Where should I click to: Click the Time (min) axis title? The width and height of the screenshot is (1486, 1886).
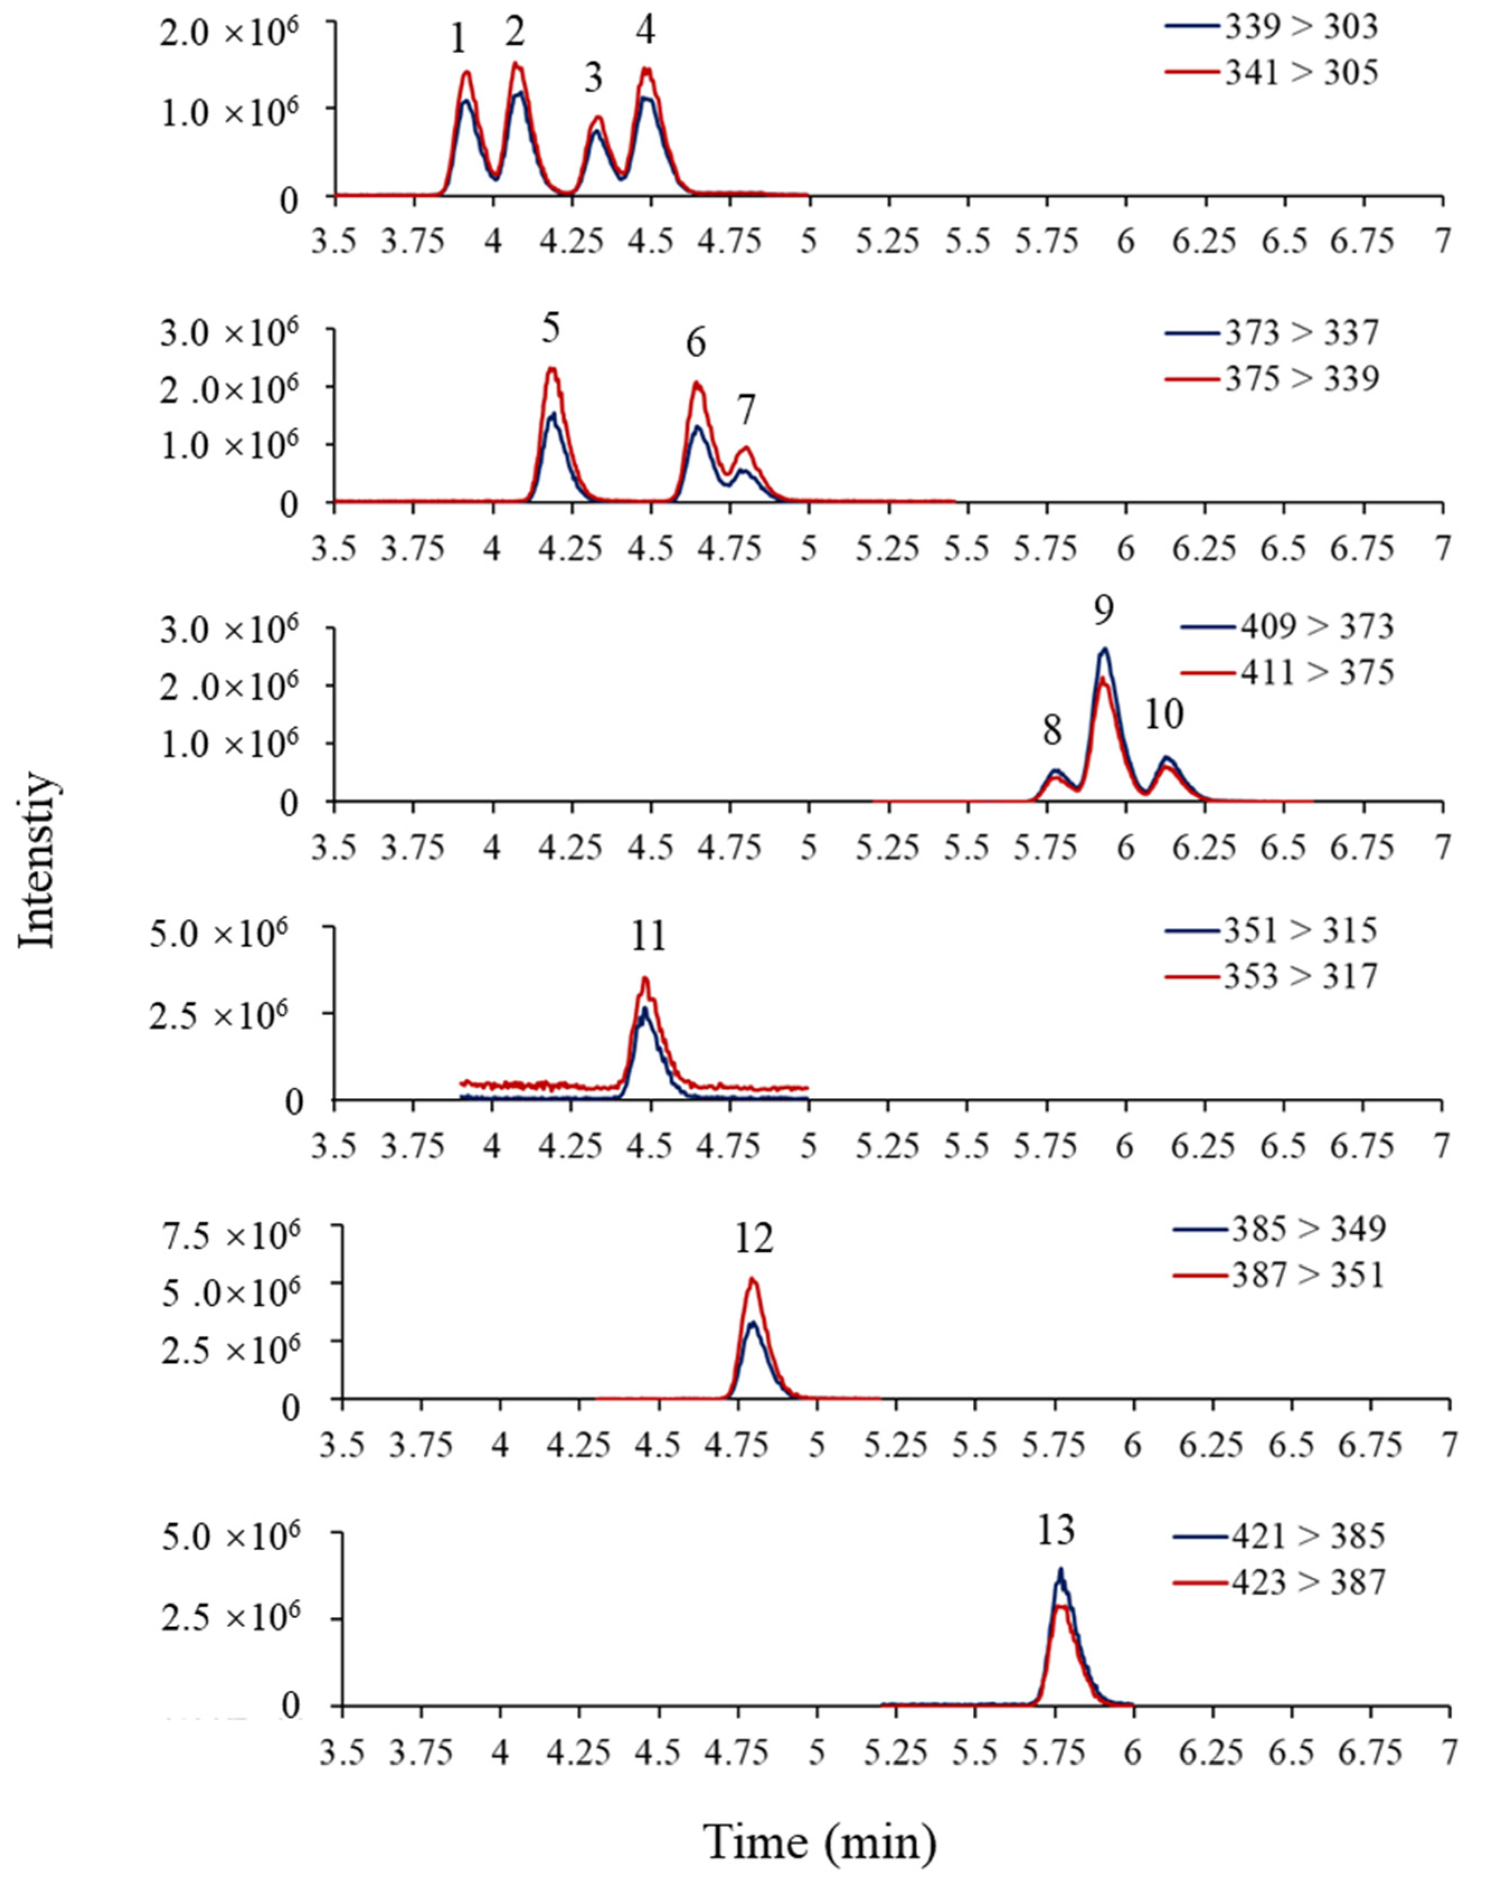click(821, 1841)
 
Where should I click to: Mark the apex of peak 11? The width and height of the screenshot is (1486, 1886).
click(645, 978)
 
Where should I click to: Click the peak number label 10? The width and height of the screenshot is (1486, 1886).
click(1164, 715)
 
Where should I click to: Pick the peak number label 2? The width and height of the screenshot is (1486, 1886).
click(515, 32)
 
